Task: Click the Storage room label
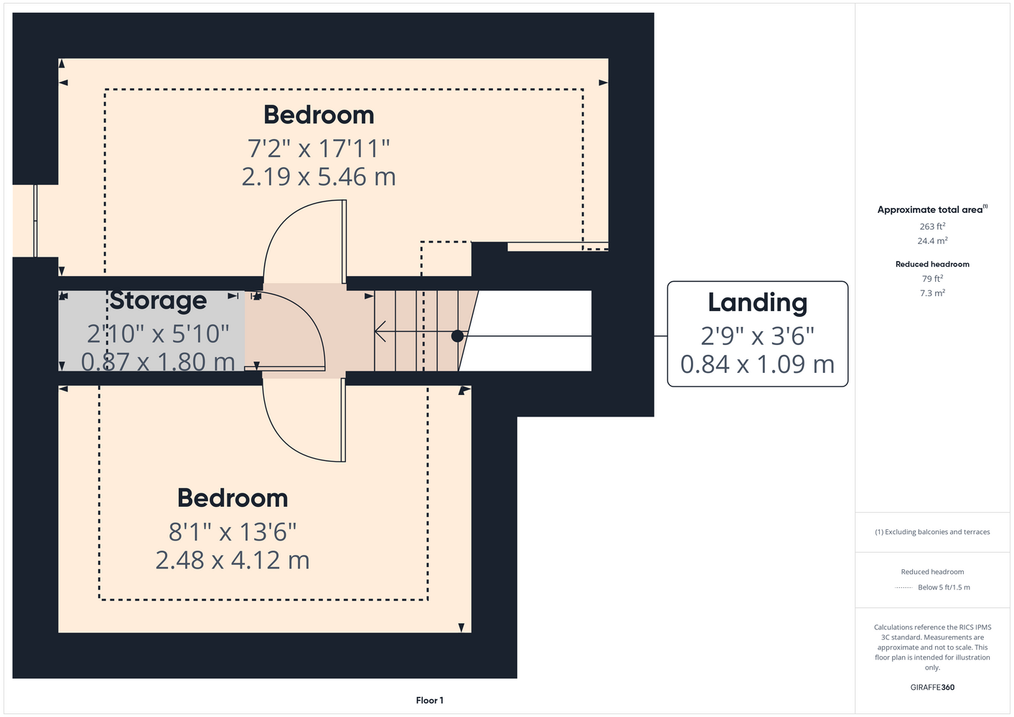pyautogui.click(x=158, y=301)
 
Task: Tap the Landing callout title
pyautogui.click(x=757, y=303)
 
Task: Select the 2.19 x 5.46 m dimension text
pyautogui.click(x=319, y=176)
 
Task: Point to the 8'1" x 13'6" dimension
pyautogui.click(x=233, y=531)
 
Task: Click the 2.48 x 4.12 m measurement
pyautogui.click(x=233, y=560)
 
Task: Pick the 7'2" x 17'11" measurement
pyautogui.click(x=319, y=148)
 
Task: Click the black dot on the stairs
pyautogui.click(x=457, y=336)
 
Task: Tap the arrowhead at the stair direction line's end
pyautogui.click(x=380, y=331)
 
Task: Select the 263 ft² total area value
pyautogui.click(x=932, y=226)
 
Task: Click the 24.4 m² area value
pyautogui.click(x=932, y=241)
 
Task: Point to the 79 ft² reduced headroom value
pyautogui.click(x=932, y=278)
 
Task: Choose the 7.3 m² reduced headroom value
pyautogui.click(x=932, y=293)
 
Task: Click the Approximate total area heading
pyautogui.click(x=932, y=209)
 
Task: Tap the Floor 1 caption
pyautogui.click(x=430, y=701)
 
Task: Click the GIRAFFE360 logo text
pyautogui.click(x=932, y=687)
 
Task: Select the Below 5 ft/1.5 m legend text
pyautogui.click(x=944, y=587)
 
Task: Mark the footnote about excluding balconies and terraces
pyautogui.click(x=932, y=532)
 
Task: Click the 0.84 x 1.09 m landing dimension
pyautogui.click(x=757, y=364)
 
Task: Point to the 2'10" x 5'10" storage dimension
pyautogui.click(x=158, y=334)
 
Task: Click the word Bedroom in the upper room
pyautogui.click(x=319, y=115)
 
